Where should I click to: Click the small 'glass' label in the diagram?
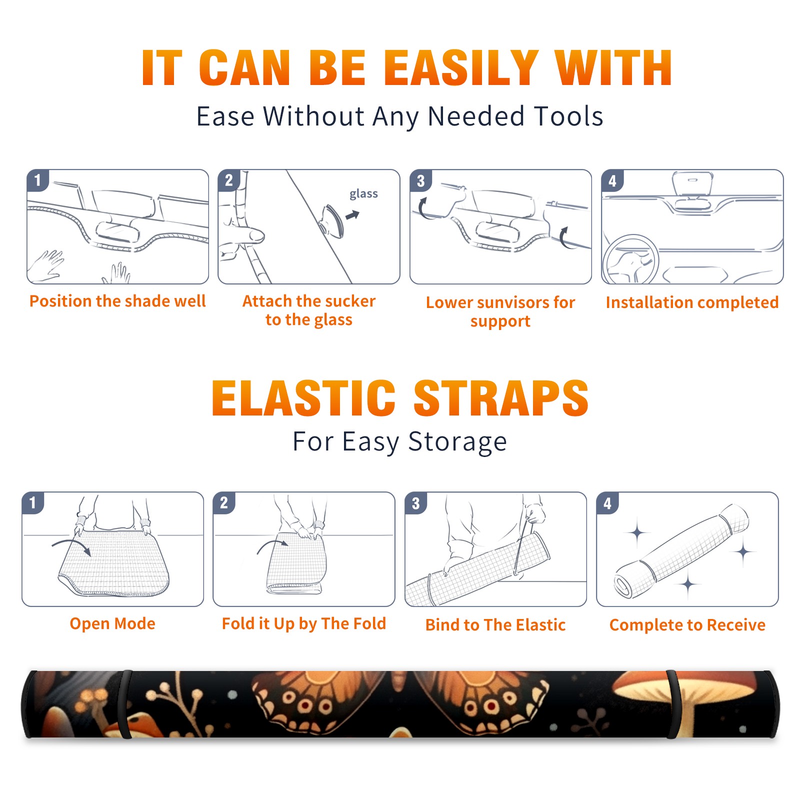363,194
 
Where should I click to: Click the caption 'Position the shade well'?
117,301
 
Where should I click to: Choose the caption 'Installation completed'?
692,302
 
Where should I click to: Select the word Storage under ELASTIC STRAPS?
457,442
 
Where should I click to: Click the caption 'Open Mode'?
112,623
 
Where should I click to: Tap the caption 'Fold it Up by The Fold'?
304,623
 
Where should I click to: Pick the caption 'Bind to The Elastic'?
495,625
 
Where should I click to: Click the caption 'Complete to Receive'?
687,625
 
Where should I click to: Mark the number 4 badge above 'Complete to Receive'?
607,503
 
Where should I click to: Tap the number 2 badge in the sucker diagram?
229,180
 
